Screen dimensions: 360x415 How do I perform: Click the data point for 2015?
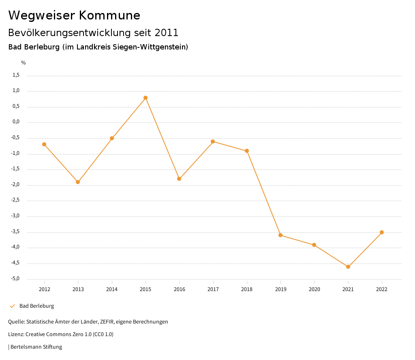pyautogui.click(x=145, y=98)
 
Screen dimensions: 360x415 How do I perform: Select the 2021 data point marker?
pyautogui.click(x=348, y=267)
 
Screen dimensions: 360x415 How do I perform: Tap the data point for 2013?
pyautogui.click(x=78, y=182)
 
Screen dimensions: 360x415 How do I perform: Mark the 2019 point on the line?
pyautogui.click(x=280, y=235)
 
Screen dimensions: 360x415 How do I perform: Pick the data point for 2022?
pyautogui.click(x=382, y=232)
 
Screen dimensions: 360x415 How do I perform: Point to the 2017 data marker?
pyautogui.click(x=213, y=141)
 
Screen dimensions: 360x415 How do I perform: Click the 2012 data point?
pyautogui.click(x=44, y=144)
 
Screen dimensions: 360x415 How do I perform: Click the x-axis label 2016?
pyautogui.click(x=179, y=289)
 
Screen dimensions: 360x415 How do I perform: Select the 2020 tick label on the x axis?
pyautogui.click(x=314, y=289)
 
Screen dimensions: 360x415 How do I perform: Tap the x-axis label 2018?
pyautogui.click(x=247, y=289)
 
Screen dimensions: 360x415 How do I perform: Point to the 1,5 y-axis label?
pyautogui.click(x=16, y=75)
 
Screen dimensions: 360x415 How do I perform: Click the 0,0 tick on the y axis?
pyautogui.click(x=16, y=122)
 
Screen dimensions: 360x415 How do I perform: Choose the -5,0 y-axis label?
pyautogui.click(x=15, y=279)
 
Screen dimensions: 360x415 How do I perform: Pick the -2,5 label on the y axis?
pyautogui.click(x=15, y=201)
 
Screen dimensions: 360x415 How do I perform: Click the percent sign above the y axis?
pyautogui.click(x=24, y=63)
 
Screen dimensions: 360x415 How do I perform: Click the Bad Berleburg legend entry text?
pyautogui.click(x=36, y=306)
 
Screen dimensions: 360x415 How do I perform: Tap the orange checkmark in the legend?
pyautogui.click(x=12, y=306)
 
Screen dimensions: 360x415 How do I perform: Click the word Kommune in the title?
pyautogui.click(x=109, y=15)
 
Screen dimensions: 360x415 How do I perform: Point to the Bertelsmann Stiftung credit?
pyautogui.click(x=36, y=347)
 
